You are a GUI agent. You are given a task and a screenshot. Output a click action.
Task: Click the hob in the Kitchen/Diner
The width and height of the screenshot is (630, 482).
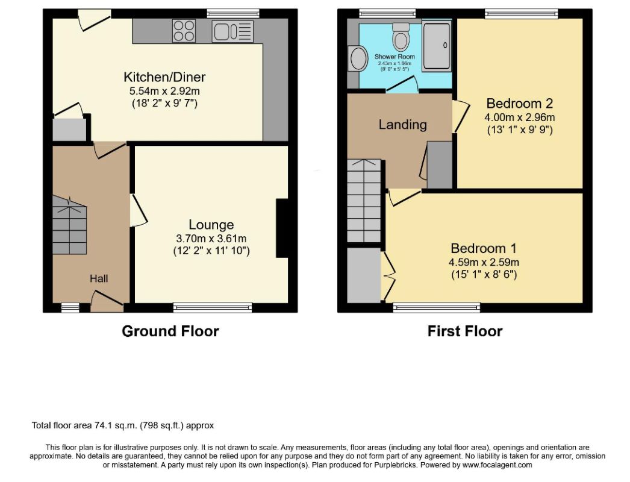coord(184,31)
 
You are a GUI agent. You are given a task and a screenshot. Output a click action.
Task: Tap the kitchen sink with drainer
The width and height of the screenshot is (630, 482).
coord(232,31)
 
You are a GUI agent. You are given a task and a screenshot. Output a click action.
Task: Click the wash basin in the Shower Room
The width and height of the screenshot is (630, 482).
coord(358,58)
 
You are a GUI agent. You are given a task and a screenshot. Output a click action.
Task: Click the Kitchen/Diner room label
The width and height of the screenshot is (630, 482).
coord(164,77)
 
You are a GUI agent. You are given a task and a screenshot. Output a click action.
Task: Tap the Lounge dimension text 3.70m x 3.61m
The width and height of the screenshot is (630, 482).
coord(211,239)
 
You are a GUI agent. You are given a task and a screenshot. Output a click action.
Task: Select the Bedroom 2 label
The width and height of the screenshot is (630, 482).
coord(520,103)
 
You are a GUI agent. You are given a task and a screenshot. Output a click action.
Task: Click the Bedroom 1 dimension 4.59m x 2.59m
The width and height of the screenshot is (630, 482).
coord(484,263)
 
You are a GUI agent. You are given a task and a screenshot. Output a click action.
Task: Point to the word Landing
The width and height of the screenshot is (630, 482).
coord(402,125)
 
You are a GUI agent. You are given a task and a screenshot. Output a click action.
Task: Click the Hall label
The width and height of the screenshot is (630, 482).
coord(99,278)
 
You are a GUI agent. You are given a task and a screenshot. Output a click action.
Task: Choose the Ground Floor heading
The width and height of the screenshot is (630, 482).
coord(170,331)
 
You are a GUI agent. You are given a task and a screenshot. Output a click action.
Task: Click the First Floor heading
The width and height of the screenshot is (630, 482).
coord(465,331)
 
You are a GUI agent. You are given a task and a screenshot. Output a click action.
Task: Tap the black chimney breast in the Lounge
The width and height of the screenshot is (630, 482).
coord(282,228)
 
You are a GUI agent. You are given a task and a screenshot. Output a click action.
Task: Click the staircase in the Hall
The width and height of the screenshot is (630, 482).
coord(69,225)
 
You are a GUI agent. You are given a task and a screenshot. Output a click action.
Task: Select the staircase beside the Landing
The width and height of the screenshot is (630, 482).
coord(364,201)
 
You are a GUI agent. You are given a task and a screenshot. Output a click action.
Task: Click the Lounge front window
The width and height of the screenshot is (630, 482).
coord(213,307)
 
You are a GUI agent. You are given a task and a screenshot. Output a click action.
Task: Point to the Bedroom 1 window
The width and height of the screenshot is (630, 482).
coord(437,307)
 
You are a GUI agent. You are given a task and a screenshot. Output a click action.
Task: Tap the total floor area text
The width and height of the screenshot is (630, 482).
coord(123,425)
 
